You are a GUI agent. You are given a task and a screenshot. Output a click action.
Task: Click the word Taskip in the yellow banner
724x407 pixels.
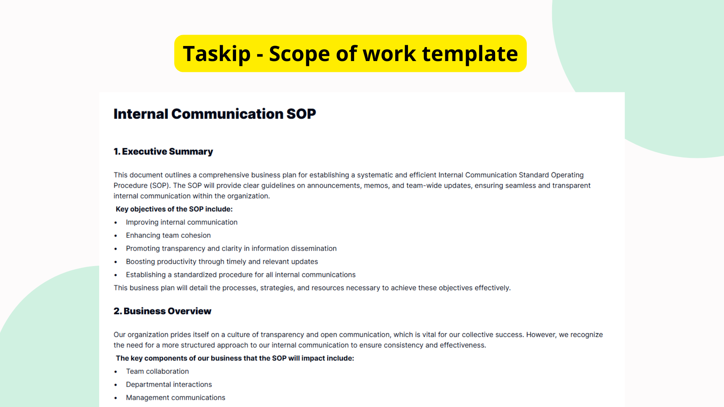tap(217, 54)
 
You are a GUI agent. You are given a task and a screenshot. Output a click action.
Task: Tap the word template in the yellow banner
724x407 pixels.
tap(470, 54)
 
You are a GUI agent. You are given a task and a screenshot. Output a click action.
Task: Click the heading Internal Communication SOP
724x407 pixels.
tap(215, 114)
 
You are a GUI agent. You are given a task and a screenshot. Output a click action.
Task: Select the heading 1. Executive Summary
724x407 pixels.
tap(163, 151)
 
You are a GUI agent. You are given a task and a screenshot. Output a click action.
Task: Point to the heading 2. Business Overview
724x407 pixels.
tap(163, 311)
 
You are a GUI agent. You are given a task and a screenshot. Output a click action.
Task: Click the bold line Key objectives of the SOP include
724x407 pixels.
tap(174, 209)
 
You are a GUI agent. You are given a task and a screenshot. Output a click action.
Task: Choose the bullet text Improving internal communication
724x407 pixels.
tap(182, 222)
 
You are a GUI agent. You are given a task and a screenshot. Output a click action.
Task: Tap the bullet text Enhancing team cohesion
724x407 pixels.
tap(168, 236)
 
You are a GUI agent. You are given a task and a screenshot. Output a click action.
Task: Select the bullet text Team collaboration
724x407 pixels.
tap(157, 372)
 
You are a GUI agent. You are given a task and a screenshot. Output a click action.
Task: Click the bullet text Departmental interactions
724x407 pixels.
tap(169, 384)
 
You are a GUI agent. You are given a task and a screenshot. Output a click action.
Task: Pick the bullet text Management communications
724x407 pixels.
tap(175, 398)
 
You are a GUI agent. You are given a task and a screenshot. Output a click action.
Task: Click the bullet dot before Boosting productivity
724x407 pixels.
tap(116, 262)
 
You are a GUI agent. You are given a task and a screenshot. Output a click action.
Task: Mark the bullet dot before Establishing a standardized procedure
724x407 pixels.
tap(116, 275)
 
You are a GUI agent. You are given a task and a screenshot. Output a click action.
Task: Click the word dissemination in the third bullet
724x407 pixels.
tap(314, 249)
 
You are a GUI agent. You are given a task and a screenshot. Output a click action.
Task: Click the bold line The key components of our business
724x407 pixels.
tap(235, 358)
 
